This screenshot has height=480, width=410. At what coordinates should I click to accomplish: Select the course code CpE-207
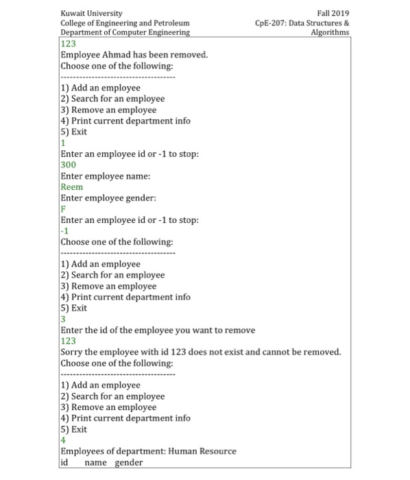(x=269, y=23)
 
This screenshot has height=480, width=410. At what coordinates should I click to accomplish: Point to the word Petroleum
(x=169, y=23)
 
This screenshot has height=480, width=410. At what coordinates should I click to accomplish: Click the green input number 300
(x=69, y=165)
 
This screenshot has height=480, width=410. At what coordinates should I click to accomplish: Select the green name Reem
(x=72, y=187)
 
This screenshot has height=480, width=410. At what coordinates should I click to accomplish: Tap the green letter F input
(x=63, y=209)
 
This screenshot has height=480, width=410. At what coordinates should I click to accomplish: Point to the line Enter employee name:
(x=106, y=176)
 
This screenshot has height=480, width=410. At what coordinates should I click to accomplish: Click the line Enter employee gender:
(x=108, y=198)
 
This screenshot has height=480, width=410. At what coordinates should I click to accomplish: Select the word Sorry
(x=73, y=352)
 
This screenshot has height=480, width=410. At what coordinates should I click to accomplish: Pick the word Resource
(x=218, y=451)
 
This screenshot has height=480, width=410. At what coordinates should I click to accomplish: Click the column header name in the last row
(x=97, y=463)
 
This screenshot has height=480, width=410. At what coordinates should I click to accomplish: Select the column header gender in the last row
(x=129, y=463)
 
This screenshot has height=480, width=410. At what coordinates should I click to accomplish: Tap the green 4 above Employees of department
(x=63, y=440)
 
